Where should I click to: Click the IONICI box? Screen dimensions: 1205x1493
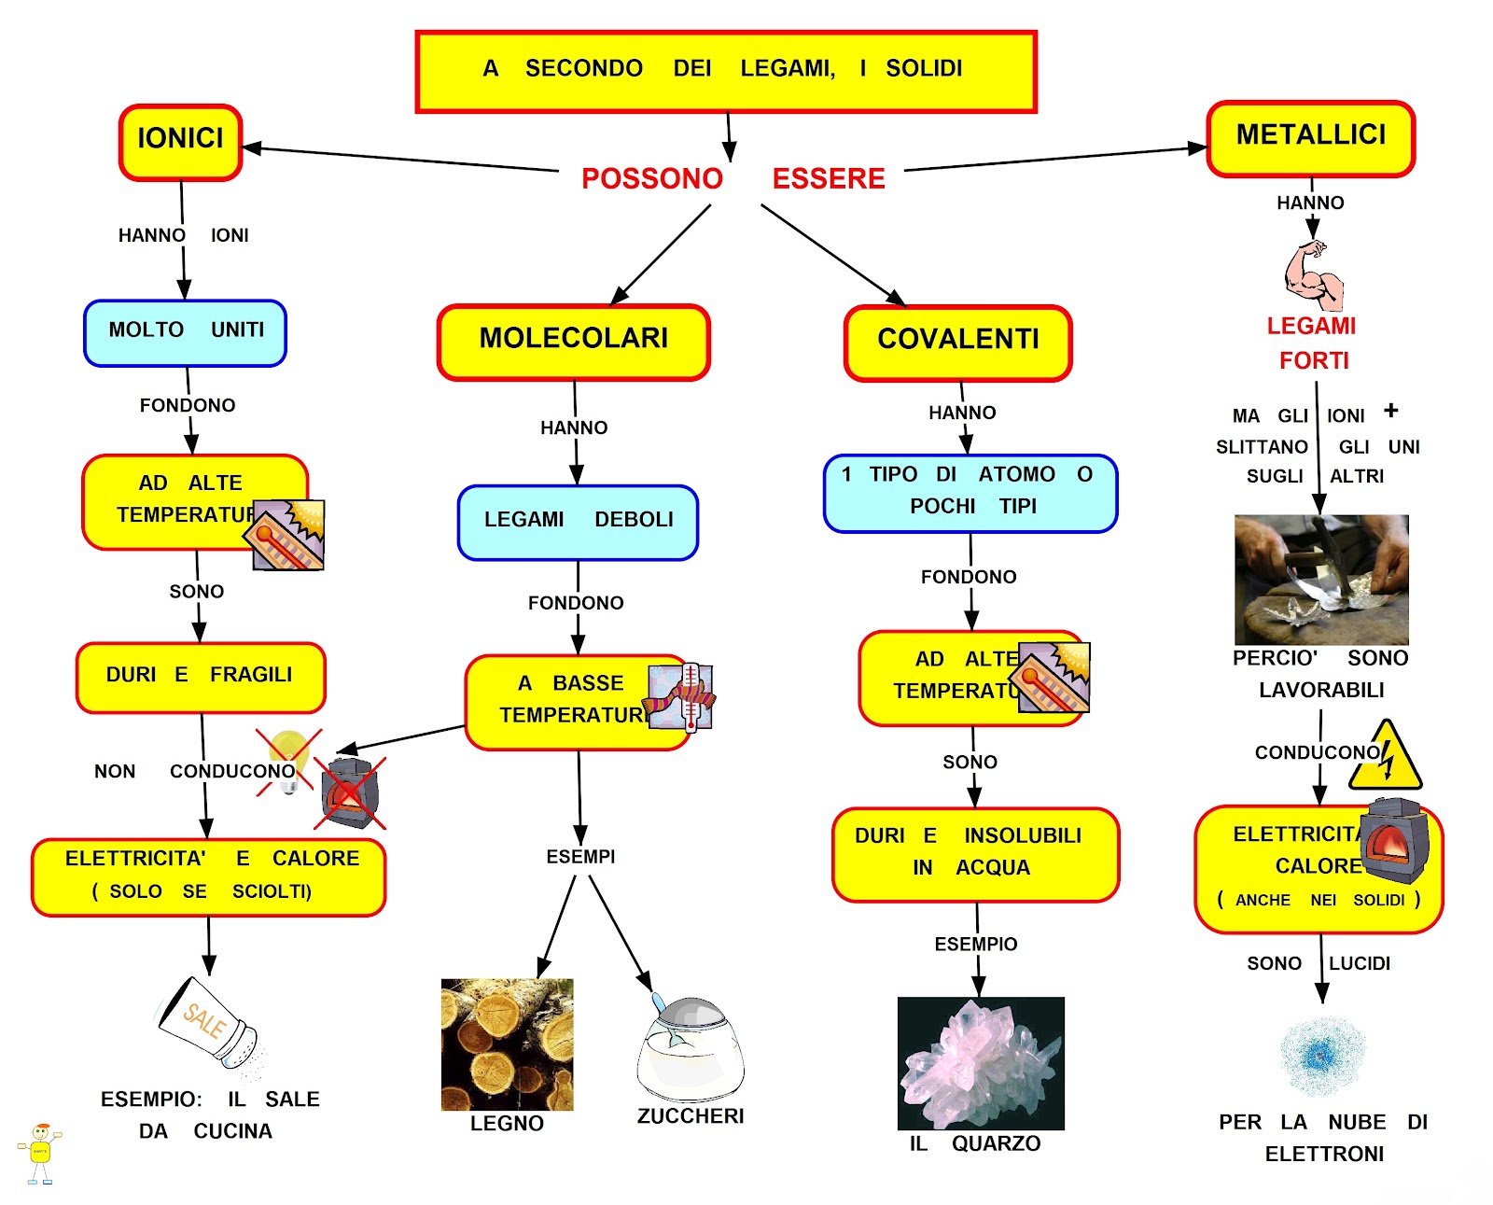180,142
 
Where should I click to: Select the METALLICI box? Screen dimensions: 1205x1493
1310,138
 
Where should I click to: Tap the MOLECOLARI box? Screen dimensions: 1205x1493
573,342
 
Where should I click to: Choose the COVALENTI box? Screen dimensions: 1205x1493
957,343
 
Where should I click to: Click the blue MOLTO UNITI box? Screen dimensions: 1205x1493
185,332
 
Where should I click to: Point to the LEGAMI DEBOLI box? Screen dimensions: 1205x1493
578,522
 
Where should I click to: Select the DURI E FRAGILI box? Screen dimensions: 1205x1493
200,677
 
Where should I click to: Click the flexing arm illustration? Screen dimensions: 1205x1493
1313,275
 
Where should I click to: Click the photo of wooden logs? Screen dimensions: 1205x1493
507,1044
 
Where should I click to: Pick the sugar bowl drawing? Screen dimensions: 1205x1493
690,1049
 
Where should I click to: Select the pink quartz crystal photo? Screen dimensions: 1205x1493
980,1062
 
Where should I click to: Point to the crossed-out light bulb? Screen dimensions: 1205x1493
288,761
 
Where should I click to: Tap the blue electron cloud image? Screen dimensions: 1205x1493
1321,1056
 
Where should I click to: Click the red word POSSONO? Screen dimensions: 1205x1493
651,178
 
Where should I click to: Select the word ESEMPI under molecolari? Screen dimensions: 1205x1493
580,856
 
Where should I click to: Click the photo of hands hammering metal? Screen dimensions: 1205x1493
1320,579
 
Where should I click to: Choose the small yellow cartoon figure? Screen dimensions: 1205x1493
40,1153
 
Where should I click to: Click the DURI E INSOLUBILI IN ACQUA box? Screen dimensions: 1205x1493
975,854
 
